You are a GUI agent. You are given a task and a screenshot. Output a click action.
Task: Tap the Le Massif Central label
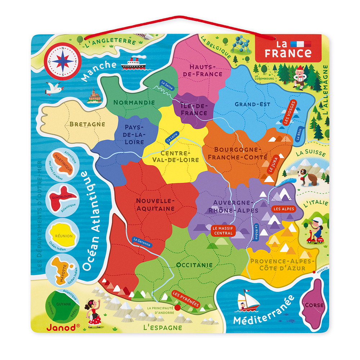pos(222,231)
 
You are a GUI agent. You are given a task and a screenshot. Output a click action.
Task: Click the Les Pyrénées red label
pos(186,299)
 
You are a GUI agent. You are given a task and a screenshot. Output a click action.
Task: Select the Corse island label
pos(314,305)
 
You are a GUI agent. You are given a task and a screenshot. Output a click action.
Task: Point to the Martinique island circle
pos(63,164)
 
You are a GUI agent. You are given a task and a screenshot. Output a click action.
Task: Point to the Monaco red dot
pos(314,272)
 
